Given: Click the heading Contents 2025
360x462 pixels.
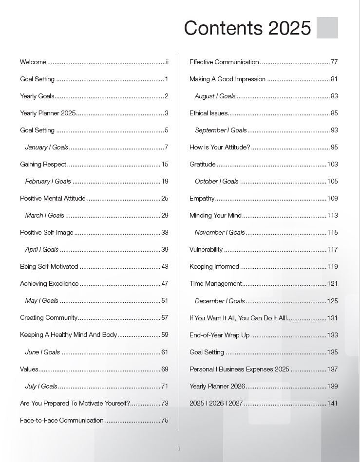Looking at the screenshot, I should [247, 28].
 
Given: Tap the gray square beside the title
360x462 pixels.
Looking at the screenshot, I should [327, 28].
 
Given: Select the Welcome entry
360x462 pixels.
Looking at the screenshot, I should [33, 62].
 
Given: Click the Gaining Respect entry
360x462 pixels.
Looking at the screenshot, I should [43, 164].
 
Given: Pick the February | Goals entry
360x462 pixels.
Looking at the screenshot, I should [48, 181].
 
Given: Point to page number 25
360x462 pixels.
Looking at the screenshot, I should [165, 198].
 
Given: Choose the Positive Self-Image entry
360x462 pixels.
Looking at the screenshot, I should [46, 232].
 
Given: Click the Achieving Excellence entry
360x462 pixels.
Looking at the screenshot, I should [49, 283].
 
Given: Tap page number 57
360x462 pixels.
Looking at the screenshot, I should [165, 317].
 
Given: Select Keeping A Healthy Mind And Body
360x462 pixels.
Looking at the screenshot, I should [68, 334].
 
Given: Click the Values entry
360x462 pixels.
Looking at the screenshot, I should [29, 369].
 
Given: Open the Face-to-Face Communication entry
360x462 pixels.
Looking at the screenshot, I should [61, 420].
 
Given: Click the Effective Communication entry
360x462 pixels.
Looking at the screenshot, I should [224, 62].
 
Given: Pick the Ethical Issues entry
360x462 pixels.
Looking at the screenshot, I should [208, 113].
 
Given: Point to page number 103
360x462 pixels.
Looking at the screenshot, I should [332, 164].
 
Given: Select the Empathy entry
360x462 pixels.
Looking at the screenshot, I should [202, 198].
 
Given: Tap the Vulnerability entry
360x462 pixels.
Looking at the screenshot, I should [206, 249].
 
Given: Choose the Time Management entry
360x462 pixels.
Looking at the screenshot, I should [215, 283].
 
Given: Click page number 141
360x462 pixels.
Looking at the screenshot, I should [332, 403].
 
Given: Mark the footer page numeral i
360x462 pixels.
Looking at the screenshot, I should [179, 448].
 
